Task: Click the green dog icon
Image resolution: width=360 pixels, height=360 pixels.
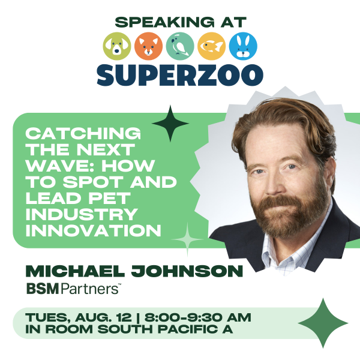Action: tap(117, 46)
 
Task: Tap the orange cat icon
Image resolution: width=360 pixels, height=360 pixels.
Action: tap(148, 46)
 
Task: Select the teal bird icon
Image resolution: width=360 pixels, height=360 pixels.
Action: tap(180, 46)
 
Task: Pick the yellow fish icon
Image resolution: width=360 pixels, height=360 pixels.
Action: tap(211, 46)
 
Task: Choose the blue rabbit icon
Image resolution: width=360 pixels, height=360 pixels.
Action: tap(243, 46)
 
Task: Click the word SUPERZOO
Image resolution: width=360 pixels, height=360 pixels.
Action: tap(180, 76)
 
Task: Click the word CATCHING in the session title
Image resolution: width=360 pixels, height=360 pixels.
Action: tap(83, 133)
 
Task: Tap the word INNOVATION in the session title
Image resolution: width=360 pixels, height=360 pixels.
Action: tap(93, 230)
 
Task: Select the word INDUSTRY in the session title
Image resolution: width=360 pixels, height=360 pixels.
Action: tap(82, 214)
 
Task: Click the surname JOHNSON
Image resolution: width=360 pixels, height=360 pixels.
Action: tap(187, 271)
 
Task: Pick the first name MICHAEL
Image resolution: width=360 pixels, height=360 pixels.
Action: tap(76, 271)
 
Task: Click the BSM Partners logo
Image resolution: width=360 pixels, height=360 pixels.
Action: tap(74, 289)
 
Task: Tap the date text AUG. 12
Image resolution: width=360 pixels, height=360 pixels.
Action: tap(103, 318)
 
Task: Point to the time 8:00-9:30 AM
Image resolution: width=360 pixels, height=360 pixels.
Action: tap(197, 317)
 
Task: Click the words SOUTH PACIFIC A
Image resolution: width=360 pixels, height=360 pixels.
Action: tap(166, 329)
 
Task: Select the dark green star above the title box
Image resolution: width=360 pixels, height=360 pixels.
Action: tap(170, 124)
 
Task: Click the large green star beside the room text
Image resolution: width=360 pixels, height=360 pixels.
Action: tap(323, 323)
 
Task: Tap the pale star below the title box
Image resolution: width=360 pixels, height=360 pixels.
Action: tap(187, 239)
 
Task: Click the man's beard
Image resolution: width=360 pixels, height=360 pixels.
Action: tap(290, 214)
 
